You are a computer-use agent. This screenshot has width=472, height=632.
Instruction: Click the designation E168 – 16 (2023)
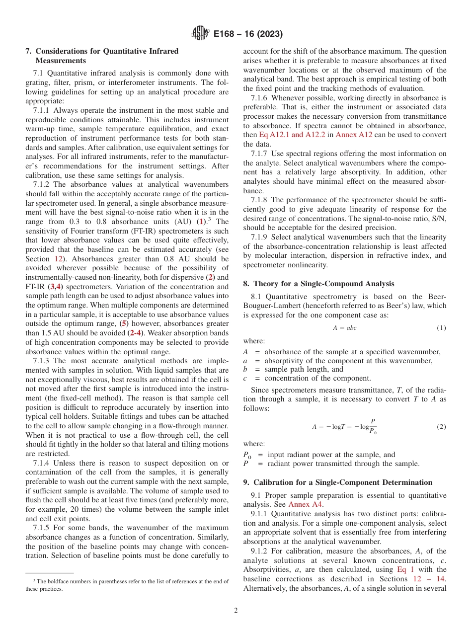248,34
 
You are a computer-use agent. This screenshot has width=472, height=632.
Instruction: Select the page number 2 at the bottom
236,611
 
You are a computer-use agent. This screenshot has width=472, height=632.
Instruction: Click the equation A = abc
344,328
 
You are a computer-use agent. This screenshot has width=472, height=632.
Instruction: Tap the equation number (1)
441,328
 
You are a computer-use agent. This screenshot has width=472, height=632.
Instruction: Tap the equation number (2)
441,427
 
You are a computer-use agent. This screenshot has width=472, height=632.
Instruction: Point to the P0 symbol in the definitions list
247,455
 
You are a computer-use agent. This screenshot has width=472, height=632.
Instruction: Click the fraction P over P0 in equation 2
372,426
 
